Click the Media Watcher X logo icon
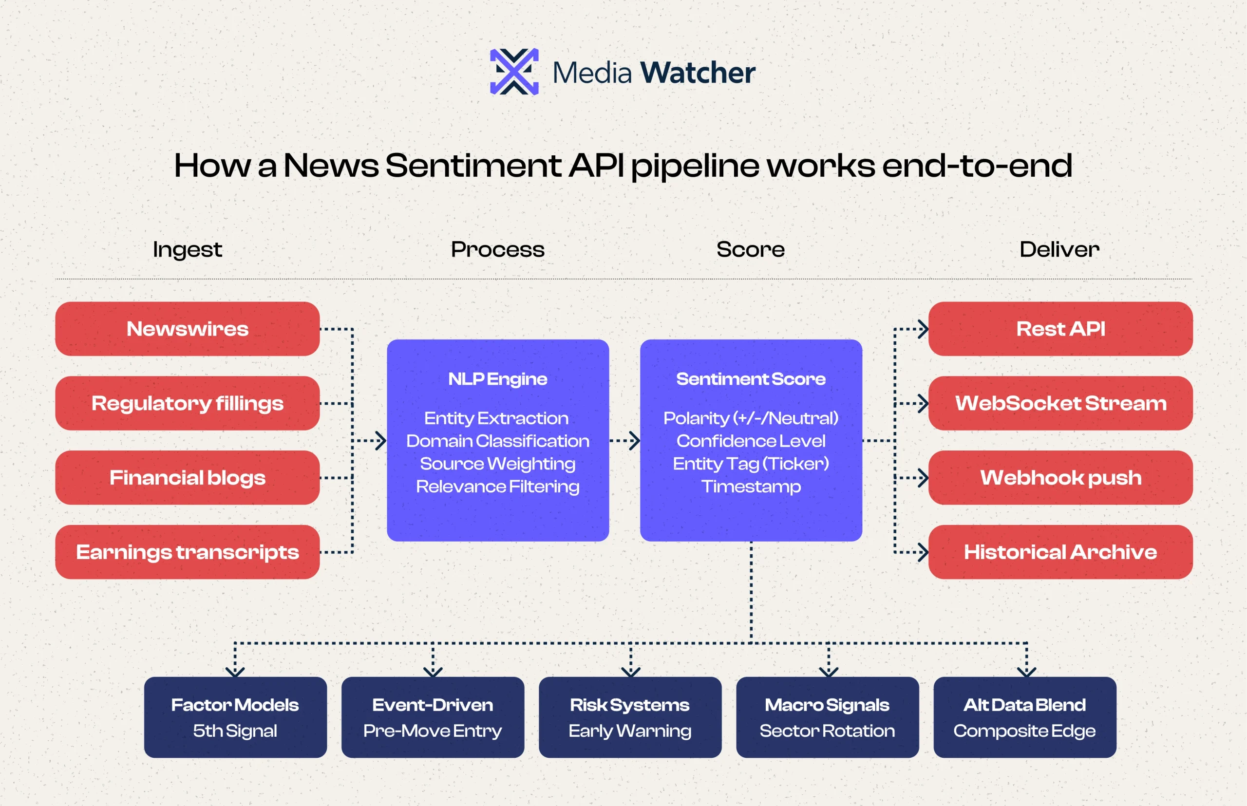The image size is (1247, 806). click(x=514, y=72)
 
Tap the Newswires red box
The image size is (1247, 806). click(x=188, y=329)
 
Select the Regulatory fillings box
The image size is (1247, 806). click(x=188, y=403)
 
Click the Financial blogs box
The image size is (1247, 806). click(x=188, y=477)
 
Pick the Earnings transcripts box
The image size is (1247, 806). click(x=188, y=552)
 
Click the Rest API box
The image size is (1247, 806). click(x=1060, y=329)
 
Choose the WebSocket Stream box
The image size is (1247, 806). click(x=1060, y=403)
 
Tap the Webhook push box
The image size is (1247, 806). click(x=1060, y=477)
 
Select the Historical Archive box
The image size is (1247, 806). click(x=1060, y=552)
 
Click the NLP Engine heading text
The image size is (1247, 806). click(x=497, y=379)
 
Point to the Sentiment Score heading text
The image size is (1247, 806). click(x=751, y=379)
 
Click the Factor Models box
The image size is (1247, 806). click(x=235, y=717)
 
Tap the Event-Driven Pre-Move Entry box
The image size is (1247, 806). click(x=433, y=717)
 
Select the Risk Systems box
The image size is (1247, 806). click(x=630, y=717)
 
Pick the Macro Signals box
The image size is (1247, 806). click(x=827, y=717)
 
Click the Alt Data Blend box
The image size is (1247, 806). click(x=1024, y=717)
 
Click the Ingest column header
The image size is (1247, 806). click(x=188, y=250)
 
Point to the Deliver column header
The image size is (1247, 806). click(x=1059, y=250)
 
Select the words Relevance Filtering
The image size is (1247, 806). click(x=497, y=487)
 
